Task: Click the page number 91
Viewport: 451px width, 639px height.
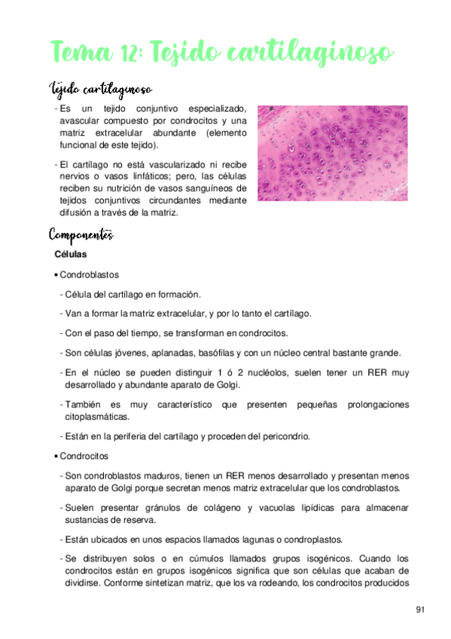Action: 420,609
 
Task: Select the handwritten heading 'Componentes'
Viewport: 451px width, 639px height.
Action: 81,234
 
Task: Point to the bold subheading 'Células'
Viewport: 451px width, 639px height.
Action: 71,255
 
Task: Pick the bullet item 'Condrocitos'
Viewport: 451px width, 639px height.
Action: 84,456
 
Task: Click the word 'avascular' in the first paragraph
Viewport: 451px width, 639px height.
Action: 81,121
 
